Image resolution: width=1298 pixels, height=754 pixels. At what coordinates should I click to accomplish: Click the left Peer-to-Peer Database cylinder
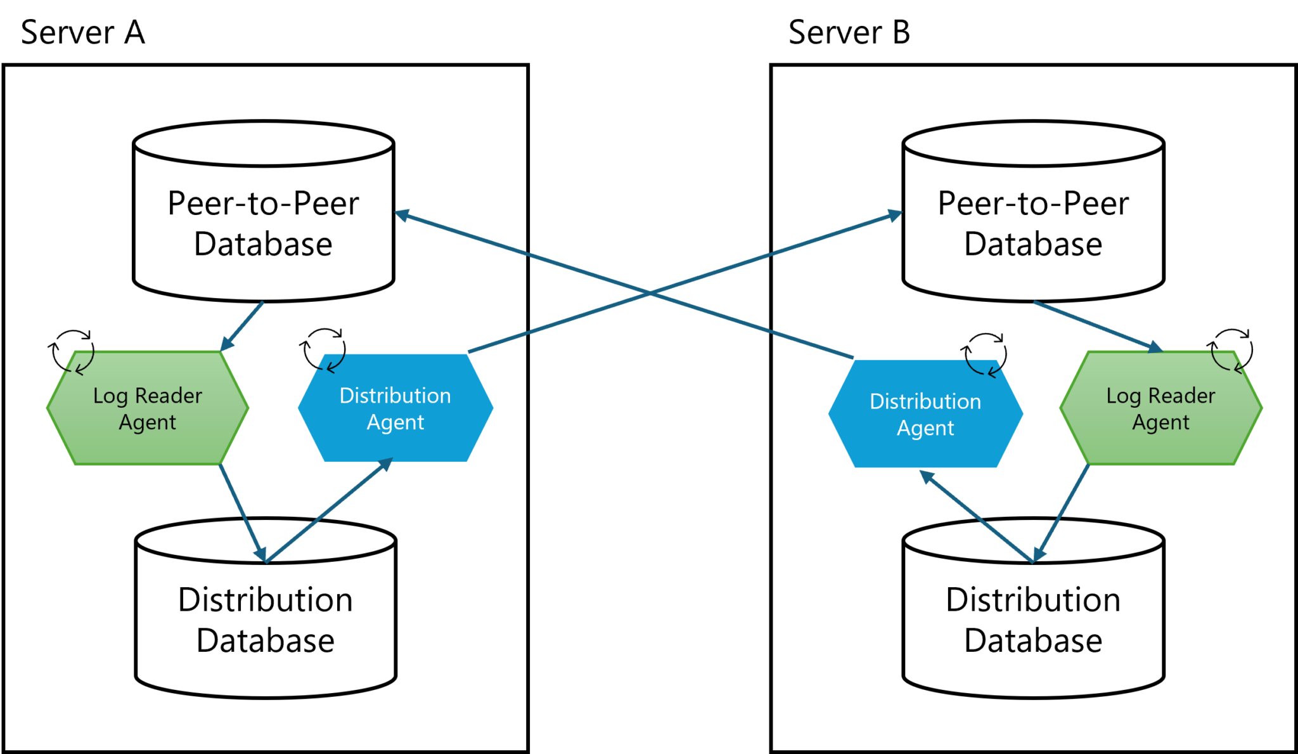pyautogui.click(x=263, y=222)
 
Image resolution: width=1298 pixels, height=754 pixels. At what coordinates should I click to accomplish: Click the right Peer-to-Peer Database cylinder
pyautogui.click(x=1033, y=222)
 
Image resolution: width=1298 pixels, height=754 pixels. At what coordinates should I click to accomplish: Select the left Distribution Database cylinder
pyautogui.click(x=266, y=618)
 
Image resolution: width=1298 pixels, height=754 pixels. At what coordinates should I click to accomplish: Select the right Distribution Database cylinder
pyautogui.click(x=1033, y=618)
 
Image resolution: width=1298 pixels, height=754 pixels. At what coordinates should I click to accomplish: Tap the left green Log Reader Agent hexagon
pyautogui.click(x=147, y=408)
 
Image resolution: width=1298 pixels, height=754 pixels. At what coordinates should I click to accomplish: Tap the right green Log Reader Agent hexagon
pyautogui.click(x=1160, y=408)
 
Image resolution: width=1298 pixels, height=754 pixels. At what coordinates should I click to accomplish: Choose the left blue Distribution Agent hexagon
pyautogui.click(x=395, y=408)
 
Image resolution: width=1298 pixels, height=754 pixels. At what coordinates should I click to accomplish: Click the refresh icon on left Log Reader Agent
pyautogui.click(x=72, y=351)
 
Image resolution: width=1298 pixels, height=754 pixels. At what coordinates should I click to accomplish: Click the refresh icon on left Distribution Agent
pyautogui.click(x=324, y=349)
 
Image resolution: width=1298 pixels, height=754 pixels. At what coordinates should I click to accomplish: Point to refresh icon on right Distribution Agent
pyautogui.click(x=984, y=354)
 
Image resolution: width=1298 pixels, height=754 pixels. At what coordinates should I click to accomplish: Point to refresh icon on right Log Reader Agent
pyautogui.click(x=1231, y=349)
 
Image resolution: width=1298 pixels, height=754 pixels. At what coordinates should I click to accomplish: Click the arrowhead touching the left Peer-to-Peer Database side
pyautogui.click(x=402, y=215)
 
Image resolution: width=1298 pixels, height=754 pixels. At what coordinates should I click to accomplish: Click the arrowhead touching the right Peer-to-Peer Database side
pyautogui.click(x=894, y=216)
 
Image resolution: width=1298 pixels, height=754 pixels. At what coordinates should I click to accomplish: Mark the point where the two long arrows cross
pyautogui.click(x=650, y=293)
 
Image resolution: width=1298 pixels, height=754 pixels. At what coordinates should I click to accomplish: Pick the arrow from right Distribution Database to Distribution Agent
pyautogui.click(x=976, y=516)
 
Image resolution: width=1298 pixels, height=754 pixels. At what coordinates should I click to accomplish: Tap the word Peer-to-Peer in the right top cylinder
pyautogui.click(x=1033, y=204)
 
